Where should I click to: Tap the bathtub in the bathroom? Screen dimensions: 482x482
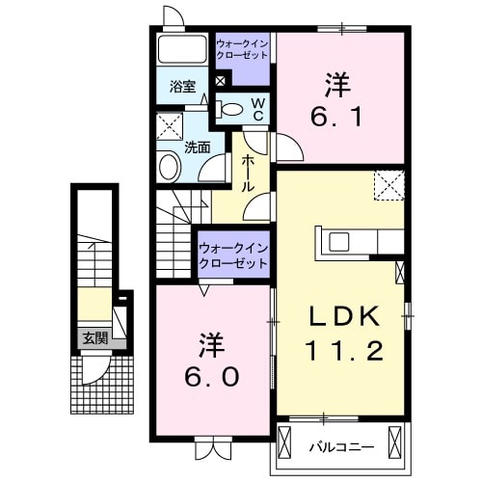pyautogui.click(x=182, y=52)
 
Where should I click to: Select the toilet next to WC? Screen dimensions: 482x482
pyautogui.click(x=231, y=110)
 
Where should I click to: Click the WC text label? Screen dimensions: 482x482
pyautogui.click(x=258, y=108)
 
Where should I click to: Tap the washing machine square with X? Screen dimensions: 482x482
pyautogui.click(x=173, y=124)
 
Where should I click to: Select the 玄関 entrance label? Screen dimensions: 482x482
pyautogui.click(x=94, y=338)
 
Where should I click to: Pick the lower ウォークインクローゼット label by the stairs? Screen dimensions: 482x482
pyautogui.click(x=233, y=254)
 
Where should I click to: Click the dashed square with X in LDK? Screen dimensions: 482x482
pyautogui.click(x=389, y=183)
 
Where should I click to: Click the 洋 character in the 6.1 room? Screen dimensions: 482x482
pyautogui.click(x=336, y=84)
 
